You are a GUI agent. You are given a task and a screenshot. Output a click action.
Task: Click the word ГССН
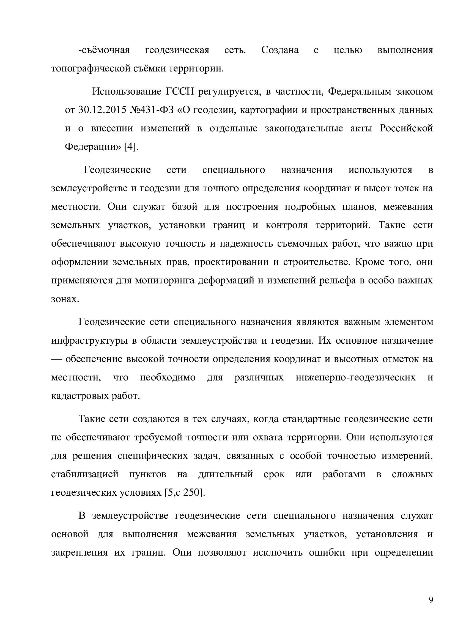coord(180,91)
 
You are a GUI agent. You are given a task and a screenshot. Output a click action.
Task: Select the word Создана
coord(280,50)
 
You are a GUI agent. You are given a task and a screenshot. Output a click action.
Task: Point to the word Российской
coord(406,128)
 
